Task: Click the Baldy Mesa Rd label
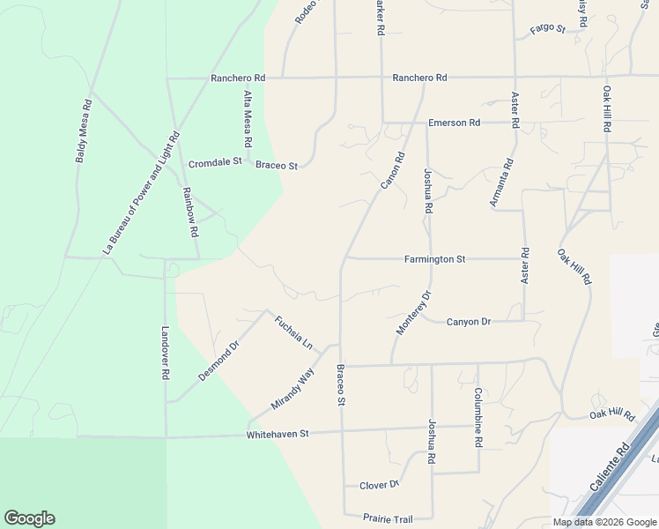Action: [84, 130]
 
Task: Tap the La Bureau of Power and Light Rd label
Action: [141, 193]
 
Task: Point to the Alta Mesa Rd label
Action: [248, 119]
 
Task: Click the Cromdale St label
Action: [215, 164]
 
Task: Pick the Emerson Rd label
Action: [454, 123]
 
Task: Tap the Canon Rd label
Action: [392, 171]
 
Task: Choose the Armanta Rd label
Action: [501, 183]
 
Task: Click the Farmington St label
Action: [434, 259]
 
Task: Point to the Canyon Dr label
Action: [469, 322]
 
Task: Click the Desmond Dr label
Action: [218, 361]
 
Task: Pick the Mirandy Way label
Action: [292, 389]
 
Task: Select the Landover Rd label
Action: [165, 354]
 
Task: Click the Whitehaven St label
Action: [278, 434]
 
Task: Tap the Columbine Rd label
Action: [478, 415]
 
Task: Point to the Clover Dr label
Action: [380, 485]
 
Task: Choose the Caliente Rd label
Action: [608, 471]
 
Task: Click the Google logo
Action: [29, 518]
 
